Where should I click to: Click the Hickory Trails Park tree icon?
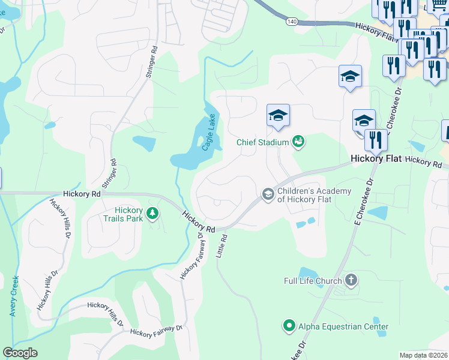153,213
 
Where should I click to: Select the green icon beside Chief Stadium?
298,142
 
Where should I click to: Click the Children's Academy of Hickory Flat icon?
268,193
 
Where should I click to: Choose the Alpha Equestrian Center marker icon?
289,326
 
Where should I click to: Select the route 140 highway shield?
292,22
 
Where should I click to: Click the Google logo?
20,353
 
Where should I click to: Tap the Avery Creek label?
13,300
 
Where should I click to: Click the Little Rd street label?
224,247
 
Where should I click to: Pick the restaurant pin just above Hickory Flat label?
376,140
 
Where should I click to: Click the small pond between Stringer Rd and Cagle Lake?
144,143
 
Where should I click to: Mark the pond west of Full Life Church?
307,275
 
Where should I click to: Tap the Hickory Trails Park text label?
129,214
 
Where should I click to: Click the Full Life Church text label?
313,280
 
